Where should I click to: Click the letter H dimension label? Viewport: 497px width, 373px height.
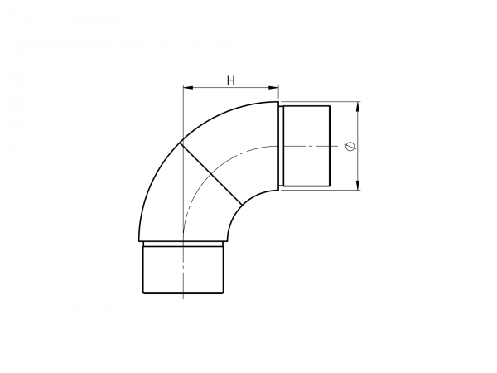tap(231, 81)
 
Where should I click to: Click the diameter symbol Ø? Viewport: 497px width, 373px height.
tap(350, 146)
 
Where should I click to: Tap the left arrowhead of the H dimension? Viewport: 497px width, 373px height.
tap(188, 88)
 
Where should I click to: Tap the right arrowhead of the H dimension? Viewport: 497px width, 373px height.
tap(274, 88)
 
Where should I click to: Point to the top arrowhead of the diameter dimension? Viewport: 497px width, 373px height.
tap(358, 106)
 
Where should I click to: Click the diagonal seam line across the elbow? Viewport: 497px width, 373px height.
tap(210, 173)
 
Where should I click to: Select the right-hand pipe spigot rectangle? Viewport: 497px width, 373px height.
tap(306, 146)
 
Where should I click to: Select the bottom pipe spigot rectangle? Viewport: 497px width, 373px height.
tap(184, 269)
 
